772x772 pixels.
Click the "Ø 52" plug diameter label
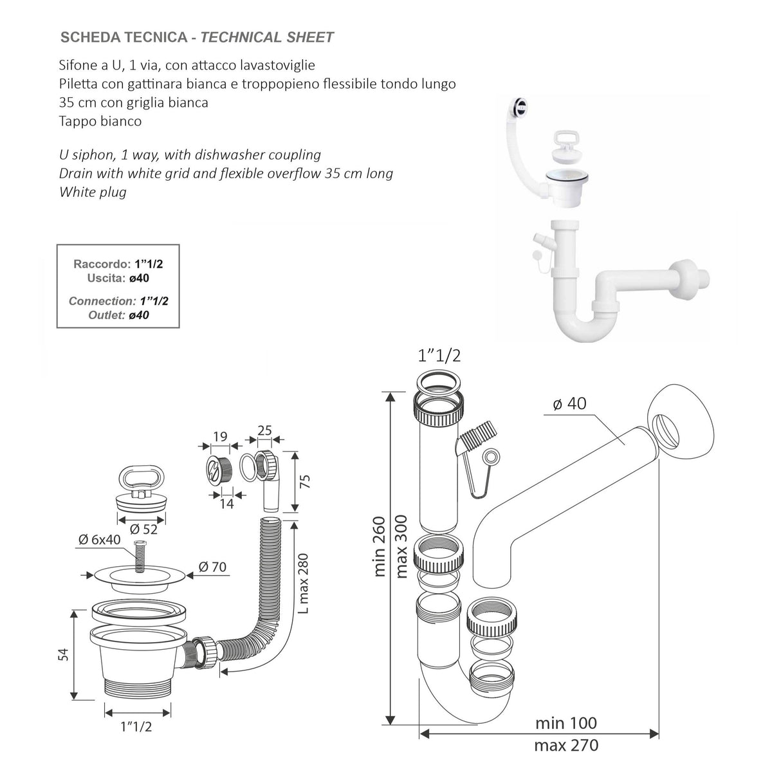coord(143,529)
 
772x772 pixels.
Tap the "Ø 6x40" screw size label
coord(99,540)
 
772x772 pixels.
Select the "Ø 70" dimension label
coord(212,567)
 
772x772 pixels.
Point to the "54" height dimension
coord(63,655)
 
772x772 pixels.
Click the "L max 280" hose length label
coord(304,584)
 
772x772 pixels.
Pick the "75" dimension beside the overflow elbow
coord(306,481)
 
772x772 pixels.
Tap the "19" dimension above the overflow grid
coord(220,436)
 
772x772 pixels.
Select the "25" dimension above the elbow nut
coord(264,430)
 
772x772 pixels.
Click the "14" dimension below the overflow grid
coord(226,504)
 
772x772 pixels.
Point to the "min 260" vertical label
coord(379,546)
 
